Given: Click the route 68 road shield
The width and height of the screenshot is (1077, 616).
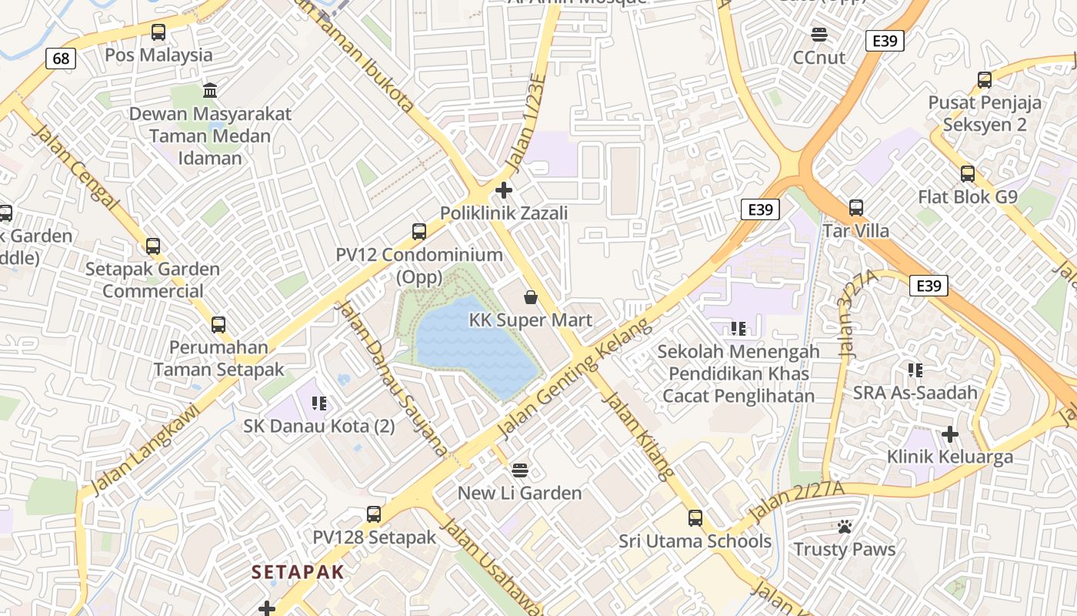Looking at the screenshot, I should pyautogui.click(x=61, y=59).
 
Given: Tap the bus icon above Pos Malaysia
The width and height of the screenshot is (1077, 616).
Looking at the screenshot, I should pyautogui.click(x=158, y=32).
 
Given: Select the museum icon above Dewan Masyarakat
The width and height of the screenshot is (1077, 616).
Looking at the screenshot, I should pyautogui.click(x=210, y=91).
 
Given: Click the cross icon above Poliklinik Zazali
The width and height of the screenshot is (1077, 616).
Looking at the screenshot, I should pyautogui.click(x=504, y=189).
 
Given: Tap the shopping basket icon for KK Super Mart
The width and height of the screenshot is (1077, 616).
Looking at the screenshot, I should pyautogui.click(x=531, y=296).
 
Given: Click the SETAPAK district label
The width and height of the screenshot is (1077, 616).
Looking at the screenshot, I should pyautogui.click(x=298, y=572).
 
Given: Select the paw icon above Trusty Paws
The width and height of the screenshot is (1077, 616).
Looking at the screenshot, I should pyautogui.click(x=845, y=527).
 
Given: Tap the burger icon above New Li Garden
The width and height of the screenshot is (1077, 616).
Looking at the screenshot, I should pyautogui.click(x=520, y=470).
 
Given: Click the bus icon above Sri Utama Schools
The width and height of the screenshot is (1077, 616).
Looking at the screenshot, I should pyautogui.click(x=695, y=518).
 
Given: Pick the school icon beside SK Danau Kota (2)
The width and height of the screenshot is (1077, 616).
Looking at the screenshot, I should pyautogui.click(x=319, y=403).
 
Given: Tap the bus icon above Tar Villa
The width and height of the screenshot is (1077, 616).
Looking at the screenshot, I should pyautogui.click(x=856, y=208).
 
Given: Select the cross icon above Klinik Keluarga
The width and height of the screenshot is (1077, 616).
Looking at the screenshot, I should pyautogui.click(x=950, y=434).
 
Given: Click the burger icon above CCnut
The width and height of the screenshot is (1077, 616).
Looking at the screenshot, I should pyautogui.click(x=819, y=35).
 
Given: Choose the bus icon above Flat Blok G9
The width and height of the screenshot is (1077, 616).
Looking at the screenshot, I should pyautogui.click(x=968, y=174).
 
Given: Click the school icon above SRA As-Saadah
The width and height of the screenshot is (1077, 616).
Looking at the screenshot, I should pyautogui.click(x=915, y=370).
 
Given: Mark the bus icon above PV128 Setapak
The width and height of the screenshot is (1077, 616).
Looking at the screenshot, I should pyautogui.click(x=374, y=514).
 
